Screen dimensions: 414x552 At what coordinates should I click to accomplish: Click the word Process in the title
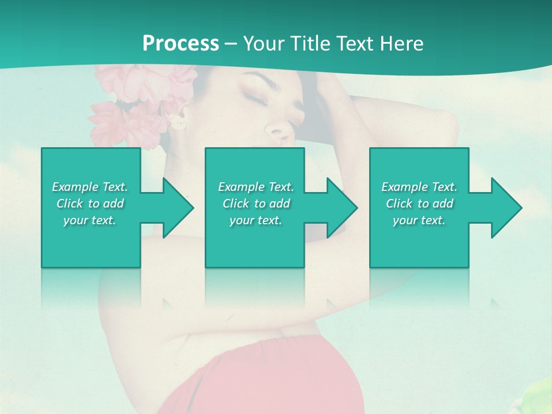[181, 44]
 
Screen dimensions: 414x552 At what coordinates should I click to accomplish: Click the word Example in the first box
[75, 187]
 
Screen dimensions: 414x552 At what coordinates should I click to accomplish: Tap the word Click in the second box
[235, 204]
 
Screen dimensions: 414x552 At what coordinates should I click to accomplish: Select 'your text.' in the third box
[419, 220]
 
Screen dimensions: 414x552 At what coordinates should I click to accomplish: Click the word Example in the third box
[404, 187]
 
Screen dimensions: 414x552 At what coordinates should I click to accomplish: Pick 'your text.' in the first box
[90, 220]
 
